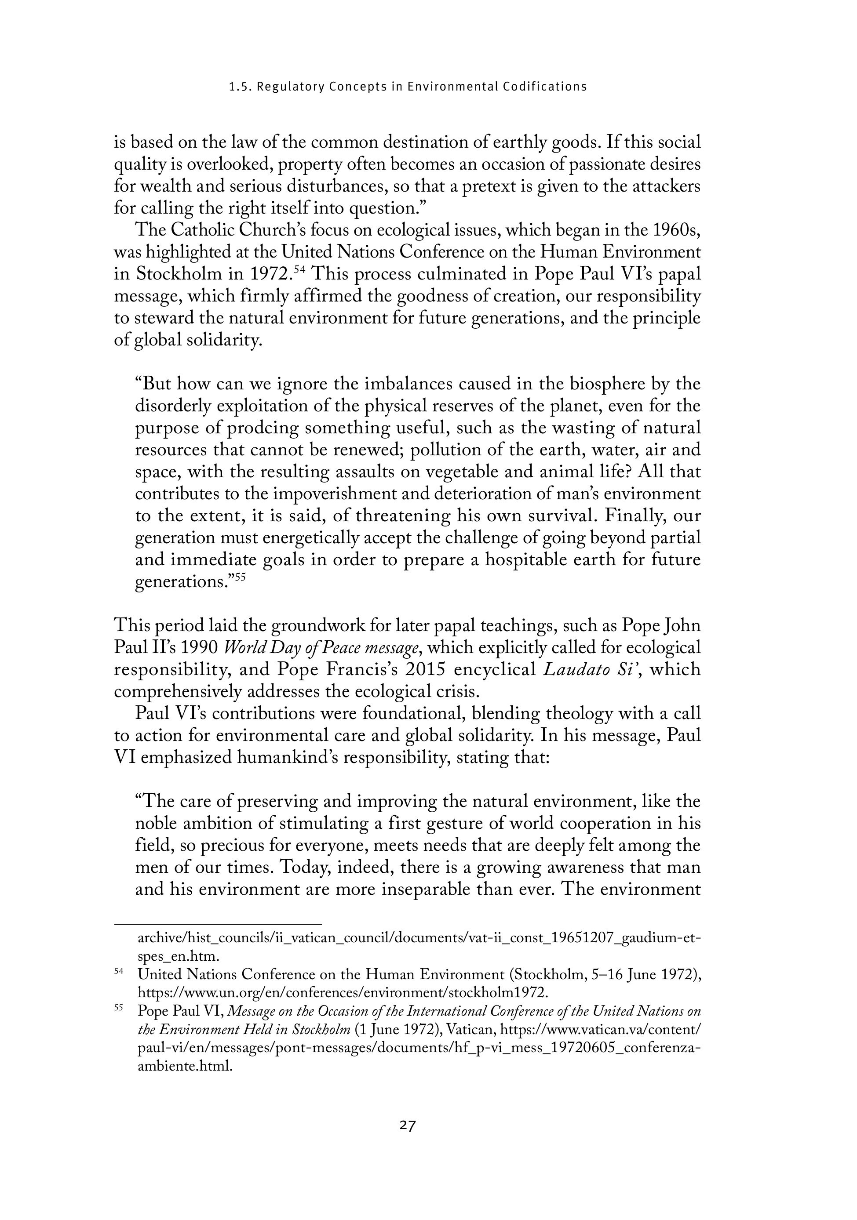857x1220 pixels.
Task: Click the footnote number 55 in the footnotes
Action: (119, 1008)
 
